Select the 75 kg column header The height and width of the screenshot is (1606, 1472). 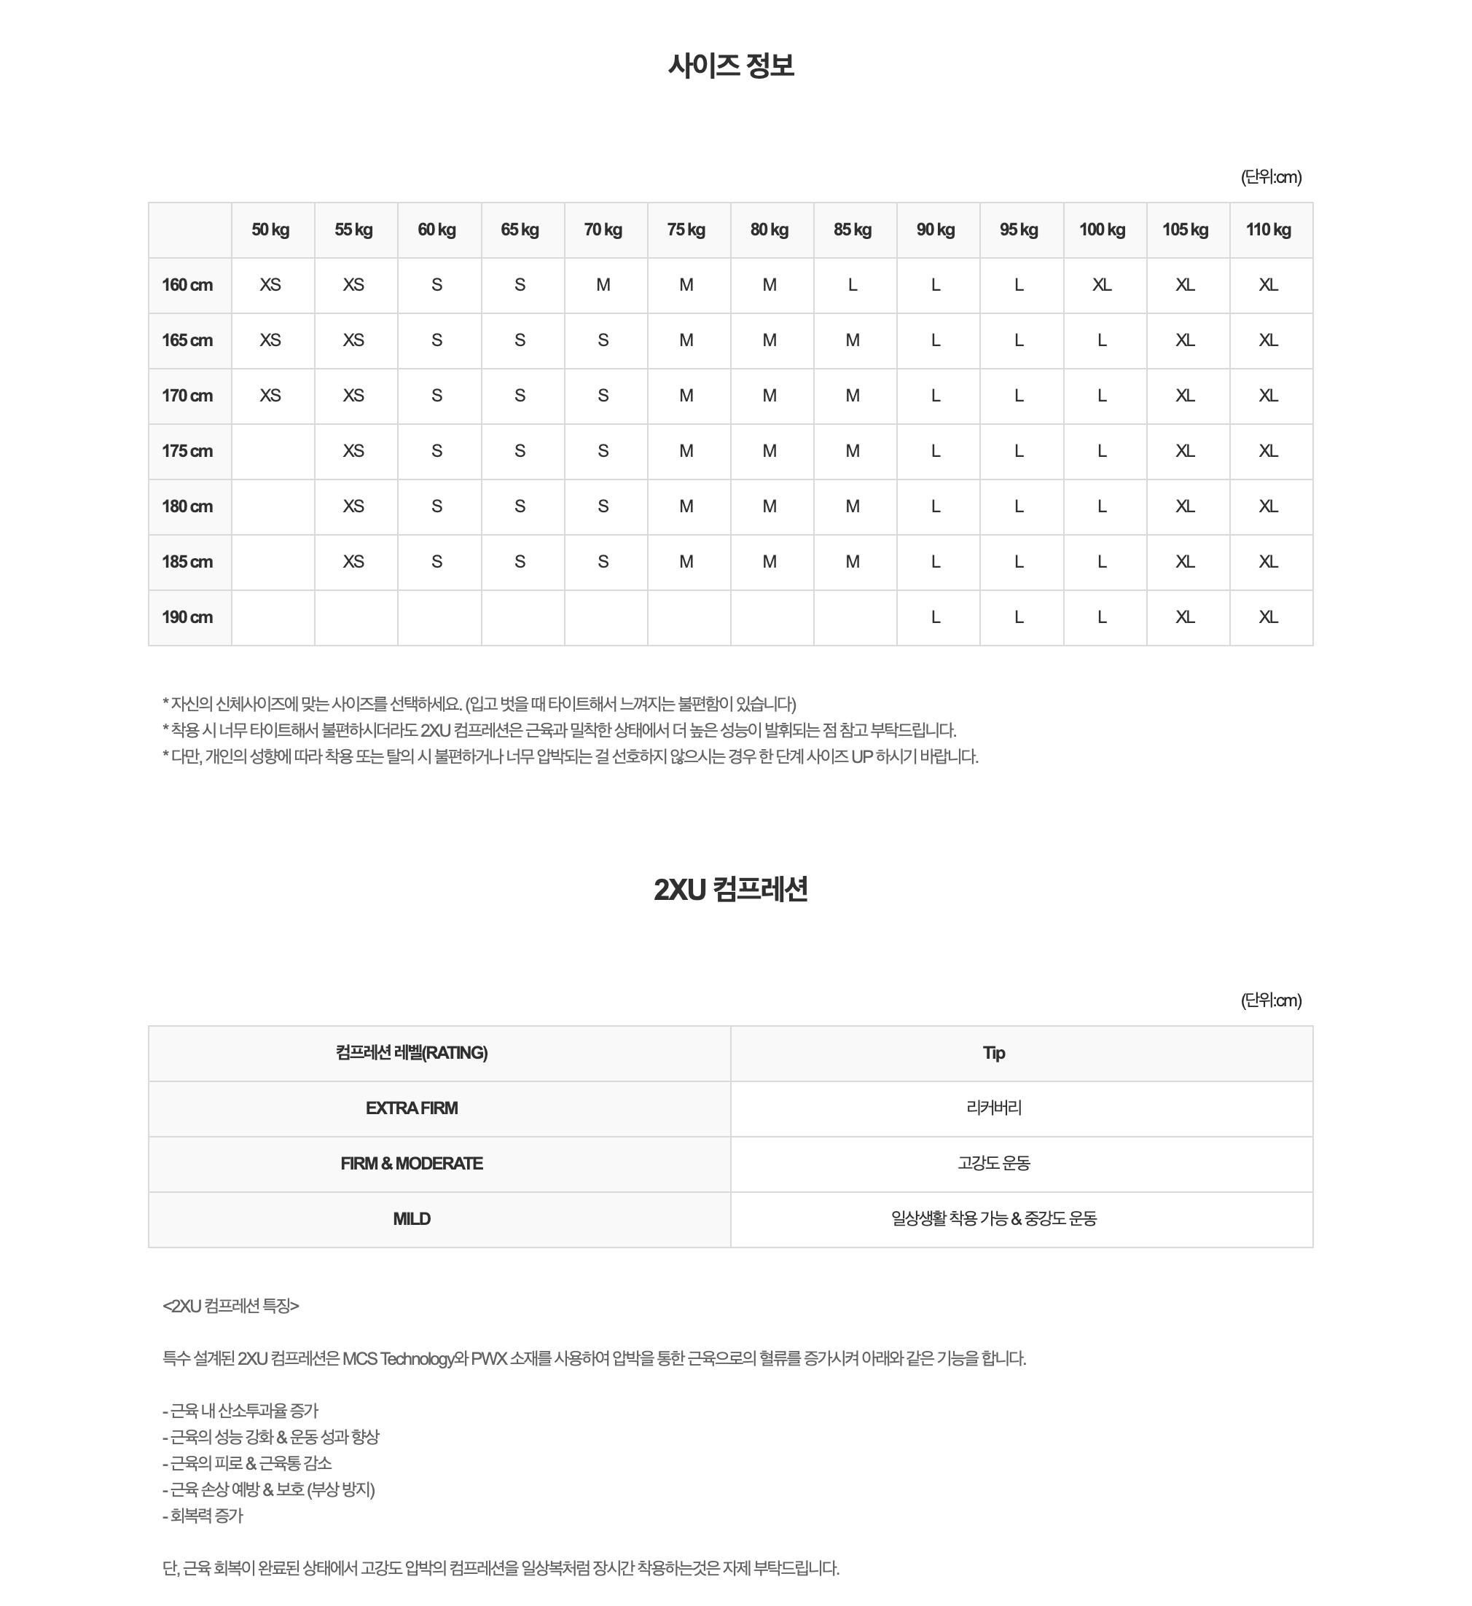point(686,230)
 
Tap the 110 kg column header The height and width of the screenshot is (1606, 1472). point(1268,230)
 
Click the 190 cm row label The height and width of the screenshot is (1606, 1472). point(187,617)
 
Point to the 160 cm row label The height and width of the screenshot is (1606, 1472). point(187,285)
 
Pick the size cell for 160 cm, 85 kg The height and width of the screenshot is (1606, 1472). point(853,285)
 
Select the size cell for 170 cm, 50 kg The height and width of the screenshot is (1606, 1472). point(270,396)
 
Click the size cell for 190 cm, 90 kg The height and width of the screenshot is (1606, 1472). point(936,617)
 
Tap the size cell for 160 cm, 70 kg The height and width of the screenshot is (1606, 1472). point(603,285)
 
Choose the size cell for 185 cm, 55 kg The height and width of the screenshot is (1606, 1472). point(353,562)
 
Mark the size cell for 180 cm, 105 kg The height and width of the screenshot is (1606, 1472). point(1185,506)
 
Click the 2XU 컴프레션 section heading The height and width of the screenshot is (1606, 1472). point(730,889)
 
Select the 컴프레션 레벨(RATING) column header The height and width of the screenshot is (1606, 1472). point(411,1053)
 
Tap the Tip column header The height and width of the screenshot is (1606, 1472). point(993,1053)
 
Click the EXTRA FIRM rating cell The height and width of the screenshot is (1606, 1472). point(411,1108)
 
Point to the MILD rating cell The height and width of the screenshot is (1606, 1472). point(411,1219)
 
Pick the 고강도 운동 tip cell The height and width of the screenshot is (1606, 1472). point(993,1163)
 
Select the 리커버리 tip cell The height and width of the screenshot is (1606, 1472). point(993,1108)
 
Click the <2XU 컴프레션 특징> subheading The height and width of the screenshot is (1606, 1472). point(231,1306)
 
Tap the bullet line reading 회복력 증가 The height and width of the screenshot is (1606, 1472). point(204,1516)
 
